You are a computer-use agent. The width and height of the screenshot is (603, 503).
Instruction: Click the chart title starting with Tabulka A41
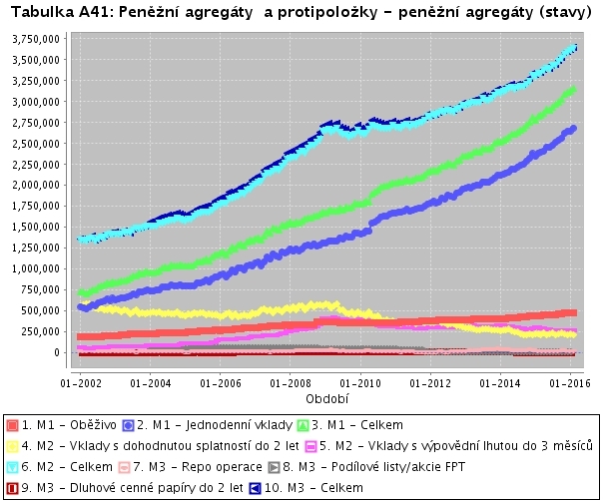301,12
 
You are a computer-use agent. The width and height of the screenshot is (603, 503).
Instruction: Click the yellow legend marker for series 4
12,445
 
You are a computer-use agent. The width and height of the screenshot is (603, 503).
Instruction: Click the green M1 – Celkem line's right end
574,88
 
